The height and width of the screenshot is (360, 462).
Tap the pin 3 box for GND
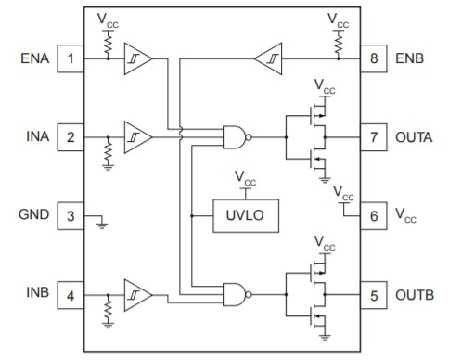tap(70, 216)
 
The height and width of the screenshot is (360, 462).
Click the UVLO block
tap(245, 216)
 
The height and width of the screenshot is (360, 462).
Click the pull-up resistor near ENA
tap(108, 42)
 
